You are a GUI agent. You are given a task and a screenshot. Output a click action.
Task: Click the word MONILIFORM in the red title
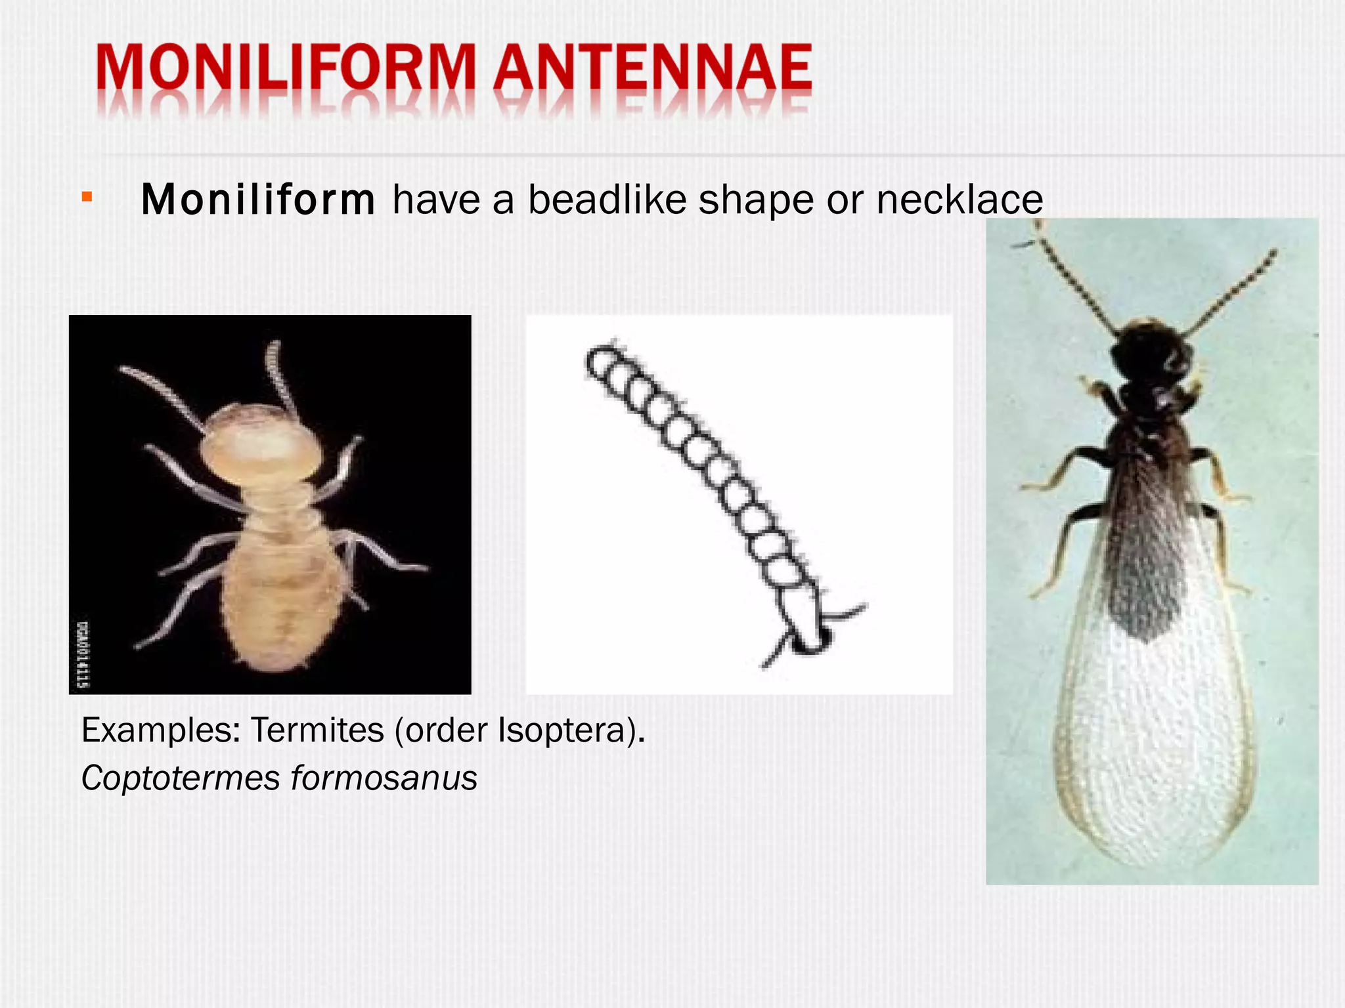coord(286,69)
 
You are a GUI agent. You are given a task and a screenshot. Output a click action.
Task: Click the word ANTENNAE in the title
coord(653,69)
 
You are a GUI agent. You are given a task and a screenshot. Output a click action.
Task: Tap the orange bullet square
coord(87,196)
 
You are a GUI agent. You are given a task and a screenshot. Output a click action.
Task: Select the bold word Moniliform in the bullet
coord(257,199)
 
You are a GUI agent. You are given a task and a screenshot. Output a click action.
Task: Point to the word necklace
coord(959,199)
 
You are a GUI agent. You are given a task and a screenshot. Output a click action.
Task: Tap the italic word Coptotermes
coord(181,778)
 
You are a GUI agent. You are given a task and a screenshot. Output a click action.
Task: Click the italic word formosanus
coord(384,778)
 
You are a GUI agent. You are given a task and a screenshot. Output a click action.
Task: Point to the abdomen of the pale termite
coord(282,597)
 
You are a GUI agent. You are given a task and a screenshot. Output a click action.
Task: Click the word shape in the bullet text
coord(755,199)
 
